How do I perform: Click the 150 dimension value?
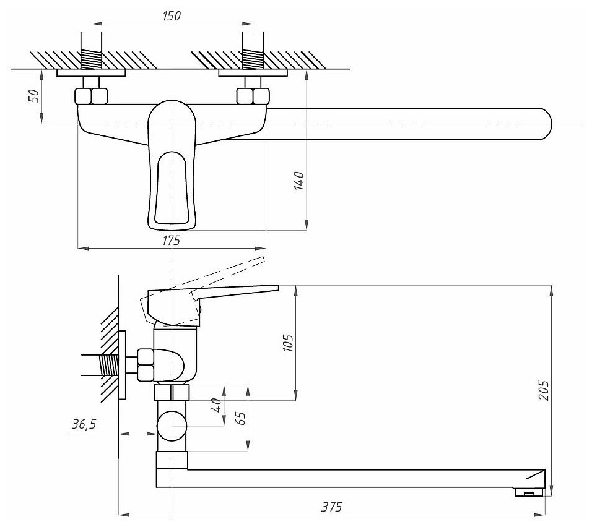pos(172,15)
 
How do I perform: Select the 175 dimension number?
pos(171,240)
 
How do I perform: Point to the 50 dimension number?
pos(34,96)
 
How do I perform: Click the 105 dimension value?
pos(287,342)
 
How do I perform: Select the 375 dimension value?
pos(333,506)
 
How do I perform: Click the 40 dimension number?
pos(215,406)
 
